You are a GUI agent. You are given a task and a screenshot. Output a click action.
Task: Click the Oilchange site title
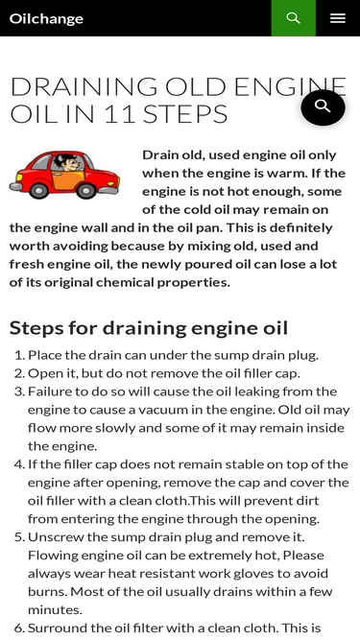coord(46,19)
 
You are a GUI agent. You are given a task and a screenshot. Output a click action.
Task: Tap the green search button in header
coord(294,18)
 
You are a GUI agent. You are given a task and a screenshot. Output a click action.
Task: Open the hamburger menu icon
coord(338,18)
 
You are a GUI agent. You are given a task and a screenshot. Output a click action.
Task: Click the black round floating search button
coord(323,107)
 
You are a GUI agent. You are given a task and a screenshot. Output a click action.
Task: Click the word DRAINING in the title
coord(84,86)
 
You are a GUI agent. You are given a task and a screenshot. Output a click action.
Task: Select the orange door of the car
coord(69,180)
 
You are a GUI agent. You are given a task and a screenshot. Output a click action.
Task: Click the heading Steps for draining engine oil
coord(149,328)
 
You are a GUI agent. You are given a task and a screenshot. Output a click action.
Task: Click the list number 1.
coord(20,356)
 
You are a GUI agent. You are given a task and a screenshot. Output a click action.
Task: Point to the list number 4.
coord(20,464)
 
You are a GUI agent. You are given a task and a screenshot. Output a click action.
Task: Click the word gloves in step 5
coord(252,574)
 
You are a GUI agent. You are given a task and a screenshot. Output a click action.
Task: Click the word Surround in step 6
coord(53,628)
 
